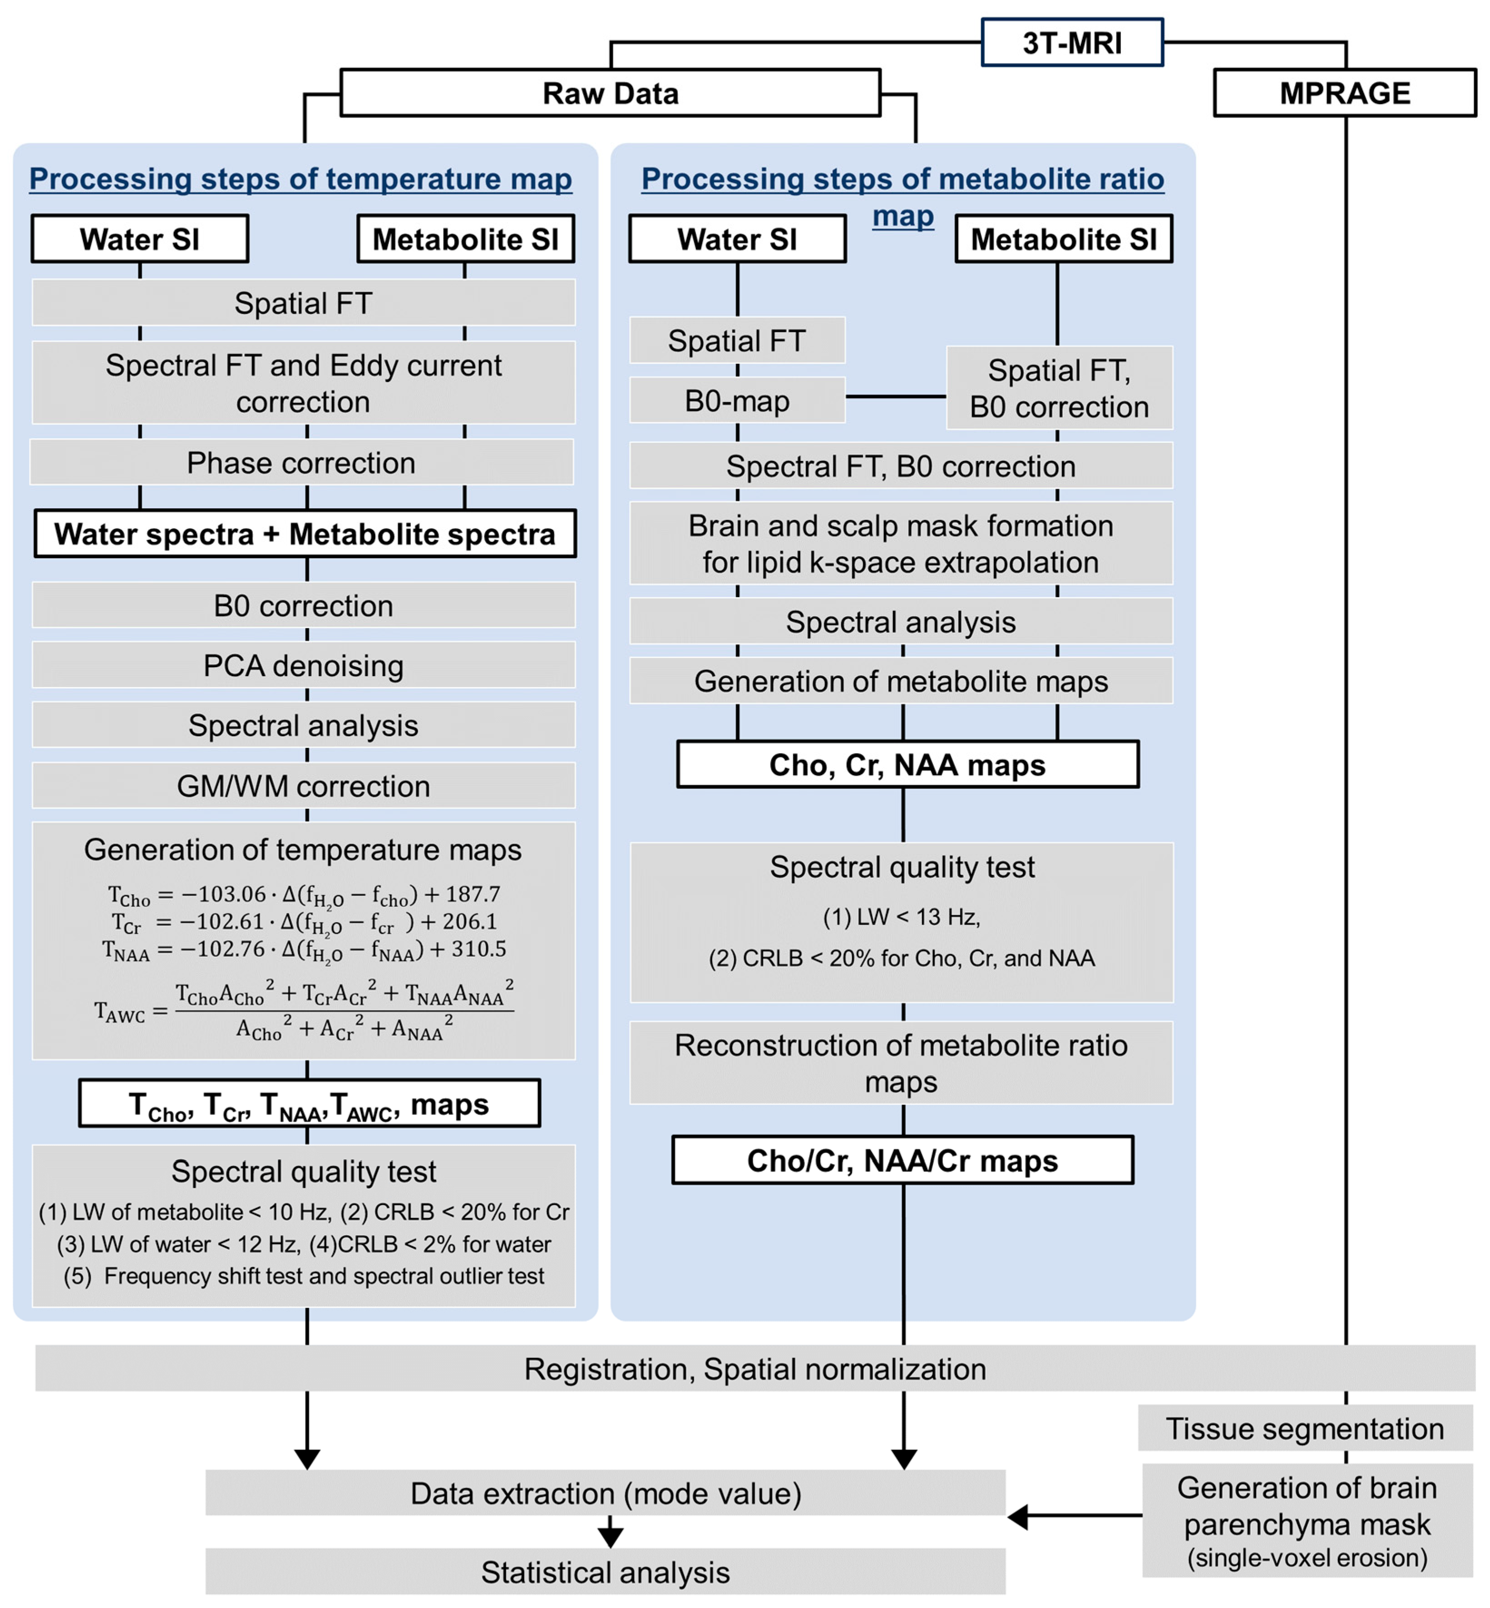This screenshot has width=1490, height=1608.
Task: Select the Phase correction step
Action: (301, 463)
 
